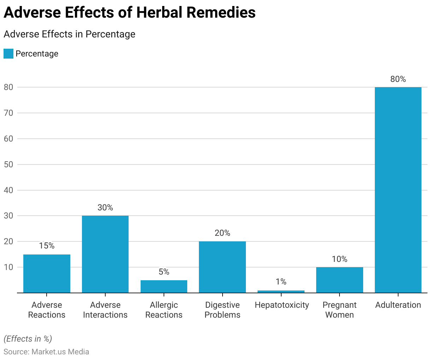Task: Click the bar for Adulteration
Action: coord(398,190)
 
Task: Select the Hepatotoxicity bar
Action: coord(281,292)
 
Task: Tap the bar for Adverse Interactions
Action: coord(105,254)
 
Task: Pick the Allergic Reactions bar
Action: coord(164,287)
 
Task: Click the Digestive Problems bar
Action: coord(223,267)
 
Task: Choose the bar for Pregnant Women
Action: coord(340,280)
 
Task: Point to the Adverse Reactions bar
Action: coord(47,274)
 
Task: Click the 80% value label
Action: coord(398,79)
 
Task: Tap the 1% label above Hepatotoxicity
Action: coord(281,282)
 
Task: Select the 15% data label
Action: coord(47,246)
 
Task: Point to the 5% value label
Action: coord(164,272)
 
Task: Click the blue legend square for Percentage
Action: coord(8,54)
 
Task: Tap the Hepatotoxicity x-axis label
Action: coord(282,305)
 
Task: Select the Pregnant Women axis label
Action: coord(340,310)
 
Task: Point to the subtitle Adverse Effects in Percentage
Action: coord(70,34)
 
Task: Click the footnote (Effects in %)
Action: coord(28,339)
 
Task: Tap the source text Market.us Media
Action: coord(60,352)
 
